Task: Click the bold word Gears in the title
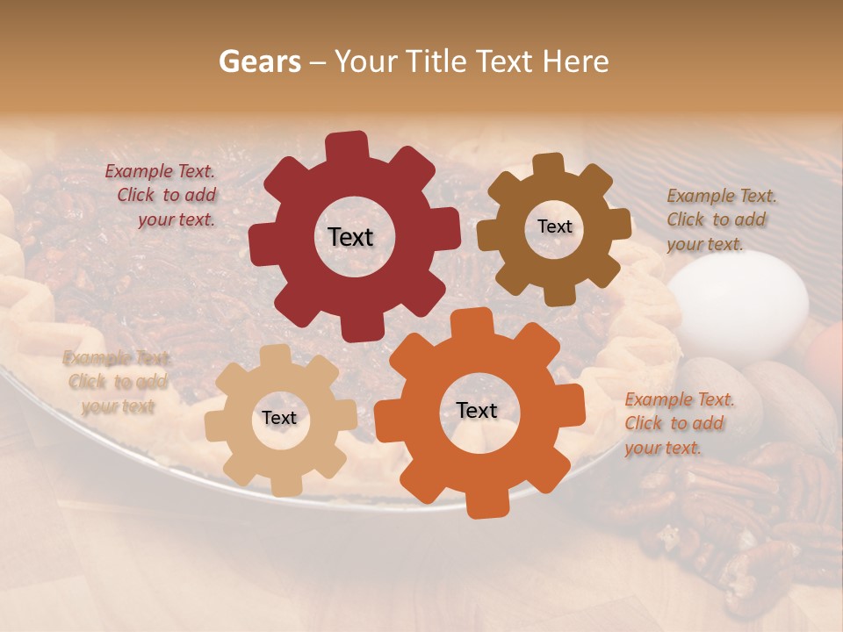(259, 61)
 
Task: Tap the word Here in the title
(575, 61)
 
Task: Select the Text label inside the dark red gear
(350, 237)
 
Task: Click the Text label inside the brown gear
(554, 226)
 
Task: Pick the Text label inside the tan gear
(278, 419)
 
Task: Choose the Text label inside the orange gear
(477, 411)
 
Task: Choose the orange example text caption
(676, 424)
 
